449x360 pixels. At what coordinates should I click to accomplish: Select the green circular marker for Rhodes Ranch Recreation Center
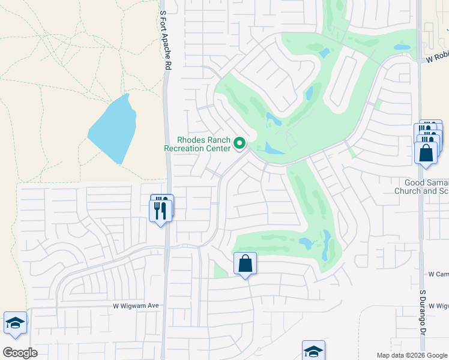(240, 143)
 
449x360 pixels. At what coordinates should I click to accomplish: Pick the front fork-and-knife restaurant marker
(160, 211)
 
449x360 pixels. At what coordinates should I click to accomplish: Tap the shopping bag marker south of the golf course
(245, 264)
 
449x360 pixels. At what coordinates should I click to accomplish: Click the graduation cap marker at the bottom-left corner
(15, 323)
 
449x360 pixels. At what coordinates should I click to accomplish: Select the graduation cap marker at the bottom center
(313, 351)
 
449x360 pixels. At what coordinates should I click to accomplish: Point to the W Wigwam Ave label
(136, 305)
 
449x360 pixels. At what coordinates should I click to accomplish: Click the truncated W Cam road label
(438, 274)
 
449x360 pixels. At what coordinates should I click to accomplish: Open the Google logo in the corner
(20, 352)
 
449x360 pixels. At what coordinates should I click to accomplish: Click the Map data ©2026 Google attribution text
(411, 355)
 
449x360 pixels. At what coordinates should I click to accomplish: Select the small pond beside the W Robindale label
(402, 47)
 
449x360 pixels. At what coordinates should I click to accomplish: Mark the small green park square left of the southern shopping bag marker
(220, 271)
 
